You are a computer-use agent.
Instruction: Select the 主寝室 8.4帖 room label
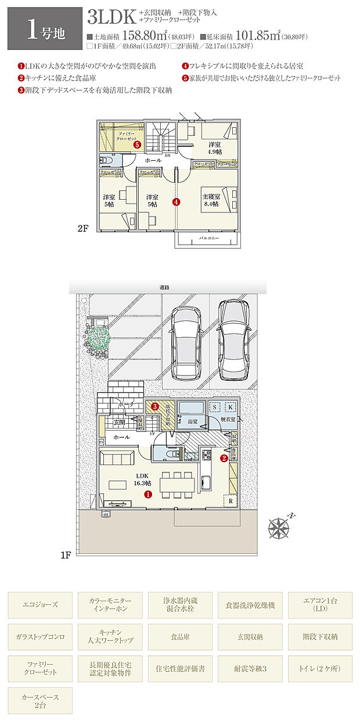pyautogui.click(x=210, y=200)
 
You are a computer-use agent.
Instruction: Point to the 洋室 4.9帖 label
pyautogui.click(x=215, y=149)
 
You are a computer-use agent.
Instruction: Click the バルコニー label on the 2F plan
pyautogui.click(x=207, y=239)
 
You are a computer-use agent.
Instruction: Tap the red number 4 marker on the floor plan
pyautogui.click(x=176, y=203)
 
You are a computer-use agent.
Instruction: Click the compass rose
pyautogui.click(x=280, y=528)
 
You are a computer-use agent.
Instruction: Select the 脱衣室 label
pyautogui.click(x=228, y=419)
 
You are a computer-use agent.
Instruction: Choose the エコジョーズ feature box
pyautogui.click(x=41, y=605)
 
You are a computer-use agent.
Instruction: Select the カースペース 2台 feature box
pyautogui.click(x=41, y=700)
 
